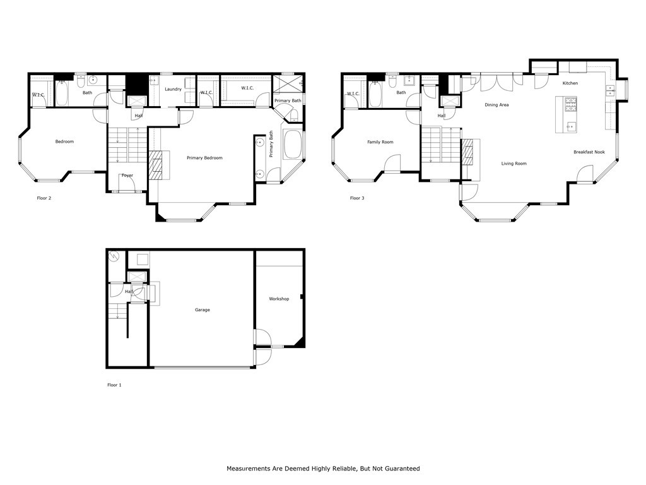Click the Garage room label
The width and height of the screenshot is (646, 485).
[202, 310]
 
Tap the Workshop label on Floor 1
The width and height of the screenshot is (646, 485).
[279, 299]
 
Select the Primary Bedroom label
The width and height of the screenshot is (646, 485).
[204, 158]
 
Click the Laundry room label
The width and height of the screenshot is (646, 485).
[173, 89]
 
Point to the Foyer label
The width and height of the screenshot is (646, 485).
[127, 175]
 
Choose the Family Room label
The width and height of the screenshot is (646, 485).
[380, 142]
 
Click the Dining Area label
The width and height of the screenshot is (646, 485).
[496, 105]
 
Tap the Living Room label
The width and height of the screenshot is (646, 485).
[514, 164]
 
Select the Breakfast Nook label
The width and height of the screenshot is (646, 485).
[589, 152]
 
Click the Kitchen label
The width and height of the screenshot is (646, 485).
[570, 83]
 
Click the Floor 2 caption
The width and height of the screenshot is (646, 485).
[44, 198]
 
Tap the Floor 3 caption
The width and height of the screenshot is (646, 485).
[357, 198]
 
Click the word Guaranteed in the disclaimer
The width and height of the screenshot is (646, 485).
[399, 469]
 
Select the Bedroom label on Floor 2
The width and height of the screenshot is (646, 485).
[64, 141]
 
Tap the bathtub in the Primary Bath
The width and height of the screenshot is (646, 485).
[293, 145]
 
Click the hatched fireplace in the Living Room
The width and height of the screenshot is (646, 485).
[467, 152]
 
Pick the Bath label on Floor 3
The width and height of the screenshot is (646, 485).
[401, 93]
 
